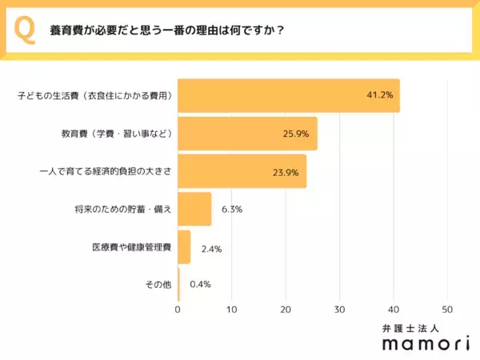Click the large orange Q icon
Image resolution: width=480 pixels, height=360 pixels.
coord(25,31)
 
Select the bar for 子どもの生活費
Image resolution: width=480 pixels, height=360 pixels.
coord(288,96)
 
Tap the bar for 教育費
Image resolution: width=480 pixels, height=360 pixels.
coord(247,134)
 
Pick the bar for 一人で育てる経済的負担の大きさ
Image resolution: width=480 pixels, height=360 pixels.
coord(242,171)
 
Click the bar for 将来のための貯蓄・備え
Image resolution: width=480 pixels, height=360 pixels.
coord(194,209)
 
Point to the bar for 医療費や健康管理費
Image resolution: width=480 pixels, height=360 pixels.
coord(184,247)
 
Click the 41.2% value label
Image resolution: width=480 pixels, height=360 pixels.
coord(379,96)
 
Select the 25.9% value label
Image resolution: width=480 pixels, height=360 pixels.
coord(297,134)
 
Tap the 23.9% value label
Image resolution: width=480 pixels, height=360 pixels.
coord(286,171)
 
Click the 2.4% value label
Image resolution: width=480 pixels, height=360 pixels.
coord(210,248)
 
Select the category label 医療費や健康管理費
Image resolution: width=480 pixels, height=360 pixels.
coord(131,248)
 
